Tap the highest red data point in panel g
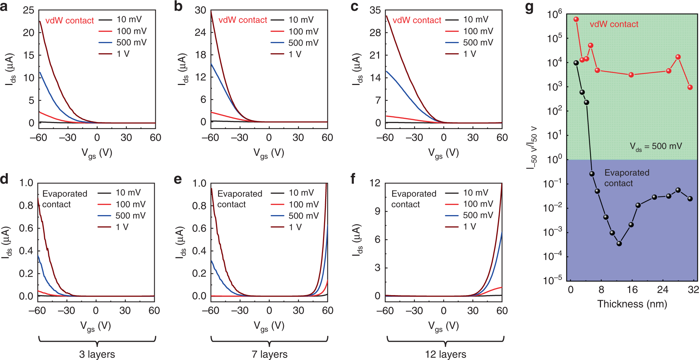tap(576, 19)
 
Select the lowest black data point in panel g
tap(619, 244)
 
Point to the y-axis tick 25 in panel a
tap(29, 10)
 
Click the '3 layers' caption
tap(97, 354)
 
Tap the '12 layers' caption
tap(445, 354)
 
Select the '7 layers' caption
tap(269, 354)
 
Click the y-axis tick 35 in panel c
tap(375, 10)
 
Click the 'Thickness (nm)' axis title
tap(632, 304)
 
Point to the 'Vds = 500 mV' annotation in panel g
tap(656, 146)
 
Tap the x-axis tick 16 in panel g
tap(632, 290)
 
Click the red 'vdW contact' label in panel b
tap(243, 20)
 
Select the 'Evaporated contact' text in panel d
tap(65, 199)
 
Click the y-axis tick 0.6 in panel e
tap(199, 228)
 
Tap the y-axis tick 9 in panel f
tap(377, 211)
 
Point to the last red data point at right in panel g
tap(690, 87)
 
